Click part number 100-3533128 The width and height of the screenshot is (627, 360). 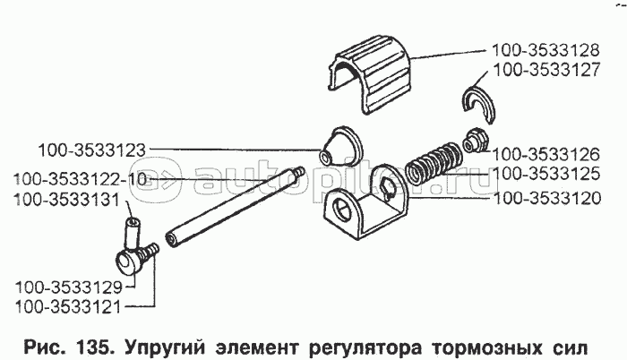click(x=545, y=50)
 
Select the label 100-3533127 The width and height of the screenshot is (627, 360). click(x=547, y=70)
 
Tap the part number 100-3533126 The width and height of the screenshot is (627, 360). click(x=545, y=154)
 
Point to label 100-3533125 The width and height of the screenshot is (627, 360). click(x=546, y=174)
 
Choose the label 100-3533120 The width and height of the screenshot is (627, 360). click(x=547, y=198)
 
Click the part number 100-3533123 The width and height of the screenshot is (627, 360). click(x=92, y=150)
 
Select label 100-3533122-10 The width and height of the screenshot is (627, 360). click(x=80, y=179)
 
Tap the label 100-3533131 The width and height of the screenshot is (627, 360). click(x=67, y=200)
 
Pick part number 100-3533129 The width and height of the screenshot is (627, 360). click(x=68, y=287)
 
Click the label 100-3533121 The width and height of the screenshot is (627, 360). click(x=67, y=307)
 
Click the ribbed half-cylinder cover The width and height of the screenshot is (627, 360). click(x=370, y=75)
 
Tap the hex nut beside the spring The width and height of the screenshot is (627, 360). click(x=474, y=140)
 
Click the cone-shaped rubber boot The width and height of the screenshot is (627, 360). click(x=340, y=147)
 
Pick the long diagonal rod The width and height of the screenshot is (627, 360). click(x=236, y=206)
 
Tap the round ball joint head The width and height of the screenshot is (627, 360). click(x=128, y=261)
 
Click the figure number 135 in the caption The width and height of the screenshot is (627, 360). click(x=93, y=347)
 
